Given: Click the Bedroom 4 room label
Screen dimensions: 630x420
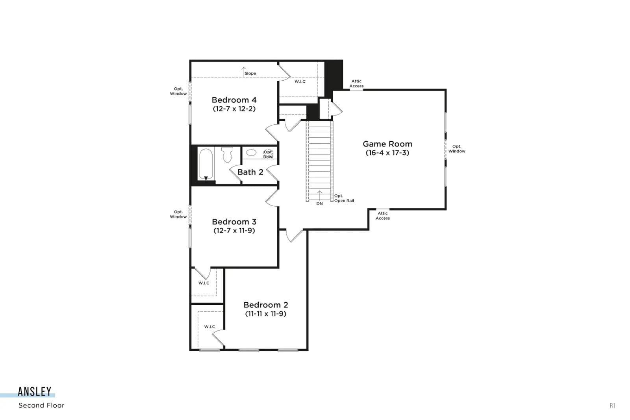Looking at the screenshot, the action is pyautogui.click(x=234, y=100).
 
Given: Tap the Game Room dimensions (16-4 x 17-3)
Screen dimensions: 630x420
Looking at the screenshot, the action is pyautogui.click(x=387, y=153).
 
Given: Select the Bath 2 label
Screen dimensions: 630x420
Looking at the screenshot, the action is pyautogui.click(x=250, y=172).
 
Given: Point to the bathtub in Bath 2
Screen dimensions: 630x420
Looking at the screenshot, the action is pyautogui.click(x=206, y=165).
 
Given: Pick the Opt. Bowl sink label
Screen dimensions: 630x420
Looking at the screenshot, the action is pyautogui.click(x=268, y=154).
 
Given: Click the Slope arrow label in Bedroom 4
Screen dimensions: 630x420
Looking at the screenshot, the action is pyautogui.click(x=250, y=73).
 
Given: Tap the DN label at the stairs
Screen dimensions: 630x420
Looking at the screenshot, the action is pyautogui.click(x=319, y=204).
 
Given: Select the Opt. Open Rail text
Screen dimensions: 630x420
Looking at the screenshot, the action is pyautogui.click(x=344, y=198).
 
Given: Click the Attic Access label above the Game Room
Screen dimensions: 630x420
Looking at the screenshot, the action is pyautogui.click(x=356, y=83).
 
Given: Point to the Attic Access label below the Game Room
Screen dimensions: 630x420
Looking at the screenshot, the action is pyautogui.click(x=382, y=216).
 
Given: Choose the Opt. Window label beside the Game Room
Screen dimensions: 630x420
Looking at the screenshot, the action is pyautogui.click(x=457, y=149).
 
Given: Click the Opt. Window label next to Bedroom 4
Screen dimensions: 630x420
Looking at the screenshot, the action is pyautogui.click(x=178, y=91).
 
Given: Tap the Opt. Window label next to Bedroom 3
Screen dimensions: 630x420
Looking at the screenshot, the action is pyautogui.click(x=178, y=214).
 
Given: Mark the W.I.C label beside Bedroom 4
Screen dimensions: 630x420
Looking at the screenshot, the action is pyautogui.click(x=300, y=81).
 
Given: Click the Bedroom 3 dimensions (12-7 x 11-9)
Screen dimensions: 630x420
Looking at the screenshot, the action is pyautogui.click(x=234, y=231).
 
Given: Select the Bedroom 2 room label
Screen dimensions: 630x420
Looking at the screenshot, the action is pyautogui.click(x=266, y=305).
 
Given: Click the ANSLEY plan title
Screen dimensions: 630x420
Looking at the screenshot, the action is pyautogui.click(x=35, y=392).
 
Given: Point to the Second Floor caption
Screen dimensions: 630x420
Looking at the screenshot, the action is pyautogui.click(x=41, y=405).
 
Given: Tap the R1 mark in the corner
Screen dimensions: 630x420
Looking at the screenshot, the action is pyautogui.click(x=613, y=406).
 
